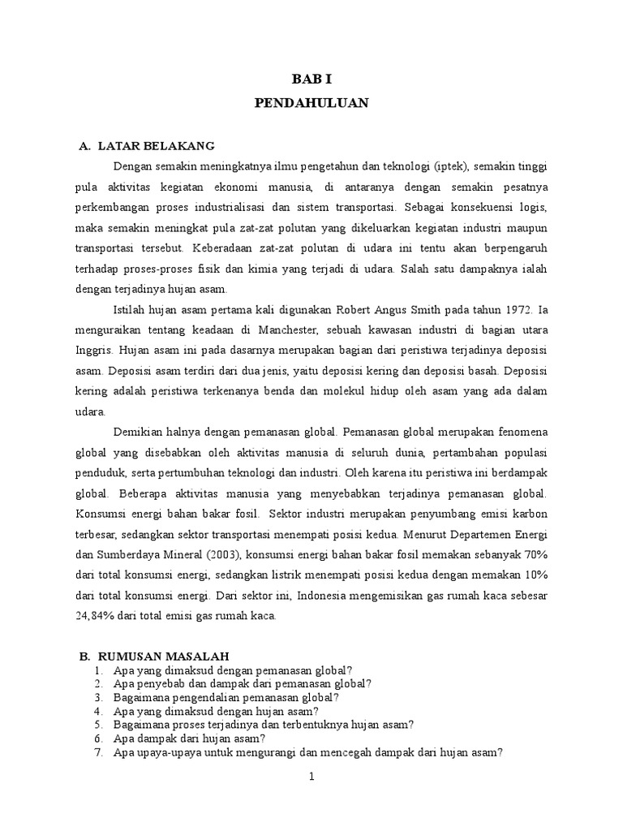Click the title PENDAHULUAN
pos(311,103)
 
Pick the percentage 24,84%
pos(97,618)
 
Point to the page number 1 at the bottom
pos(311,777)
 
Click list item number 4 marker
pos(97,710)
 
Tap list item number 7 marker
pos(97,751)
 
